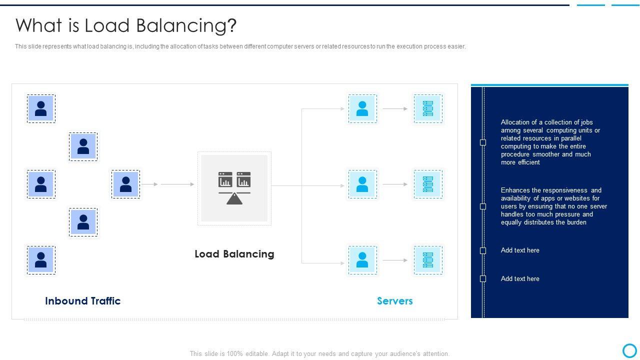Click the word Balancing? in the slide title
point(186,26)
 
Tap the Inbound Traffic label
point(83,301)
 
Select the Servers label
point(395,301)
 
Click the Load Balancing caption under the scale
point(234,253)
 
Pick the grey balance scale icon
point(234,188)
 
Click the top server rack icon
point(428,108)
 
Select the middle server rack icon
point(428,184)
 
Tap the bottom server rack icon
point(428,260)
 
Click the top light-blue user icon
point(362,108)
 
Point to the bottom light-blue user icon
point(362,260)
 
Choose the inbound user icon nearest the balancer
point(125,184)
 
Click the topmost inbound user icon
point(41,108)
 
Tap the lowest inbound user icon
point(41,260)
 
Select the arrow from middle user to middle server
point(395,184)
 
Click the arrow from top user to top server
point(395,108)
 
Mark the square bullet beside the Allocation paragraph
point(483,142)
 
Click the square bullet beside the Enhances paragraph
point(483,206)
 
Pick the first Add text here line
point(520,250)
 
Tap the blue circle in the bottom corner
point(629,350)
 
